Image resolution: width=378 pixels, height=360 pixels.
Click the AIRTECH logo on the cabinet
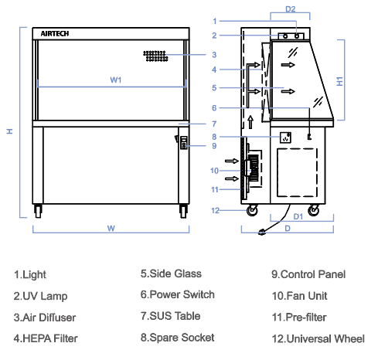pyautogui.click(x=55, y=34)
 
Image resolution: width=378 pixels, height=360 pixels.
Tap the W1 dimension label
pyautogui.click(x=116, y=80)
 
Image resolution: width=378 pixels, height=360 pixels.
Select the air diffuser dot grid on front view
pyautogui.click(x=155, y=56)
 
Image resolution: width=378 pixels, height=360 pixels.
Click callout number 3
pyautogui.click(x=214, y=55)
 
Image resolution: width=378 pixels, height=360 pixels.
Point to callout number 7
pyautogui.click(x=214, y=124)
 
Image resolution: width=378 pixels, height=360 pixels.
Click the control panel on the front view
pyautogui.click(x=184, y=143)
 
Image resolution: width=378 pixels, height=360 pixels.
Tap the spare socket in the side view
pyautogui.click(x=285, y=138)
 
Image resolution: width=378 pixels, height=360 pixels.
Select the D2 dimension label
pyautogui.click(x=291, y=9)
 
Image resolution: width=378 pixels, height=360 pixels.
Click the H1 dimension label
pyautogui.click(x=340, y=81)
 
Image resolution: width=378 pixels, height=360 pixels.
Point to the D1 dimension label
pyautogui.click(x=298, y=216)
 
